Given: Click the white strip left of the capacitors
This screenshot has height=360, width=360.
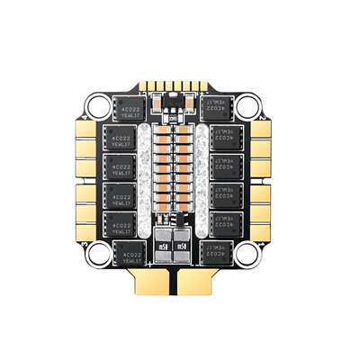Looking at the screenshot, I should pyautogui.click(x=143, y=180).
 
